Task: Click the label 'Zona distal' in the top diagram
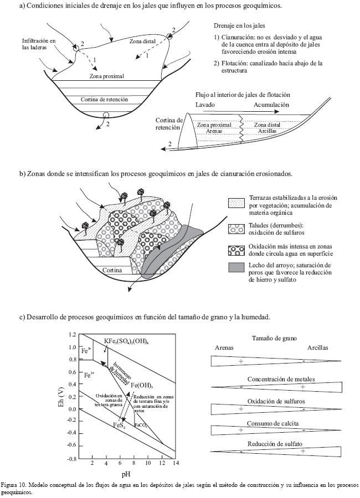point(141,41)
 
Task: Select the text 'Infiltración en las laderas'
point(39,44)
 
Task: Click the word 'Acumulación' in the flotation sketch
point(271,105)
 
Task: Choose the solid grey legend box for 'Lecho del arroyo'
point(236,268)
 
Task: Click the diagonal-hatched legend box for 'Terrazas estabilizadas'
point(236,202)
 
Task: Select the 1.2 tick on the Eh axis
point(73,335)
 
